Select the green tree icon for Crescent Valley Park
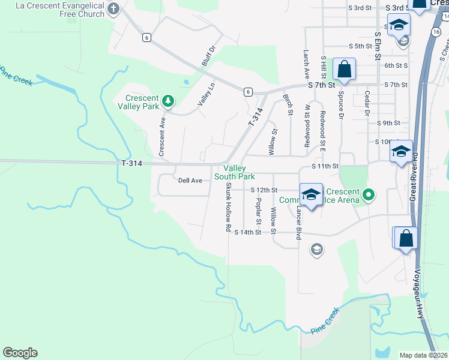pyautogui.click(x=169, y=101)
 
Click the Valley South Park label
pyautogui.click(x=235, y=173)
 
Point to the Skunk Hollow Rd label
pyautogui.click(x=228, y=208)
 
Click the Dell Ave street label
pyautogui.click(x=190, y=180)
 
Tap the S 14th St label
pyautogui.click(x=248, y=232)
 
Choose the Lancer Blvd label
pyautogui.click(x=298, y=224)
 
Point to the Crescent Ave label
pyautogui.click(x=161, y=136)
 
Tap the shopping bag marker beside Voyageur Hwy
pyautogui.click(x=406, y=237)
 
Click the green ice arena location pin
pyautogui.click(x=369, y=195)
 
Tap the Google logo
pyautogui.click(x=20, y=353)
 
